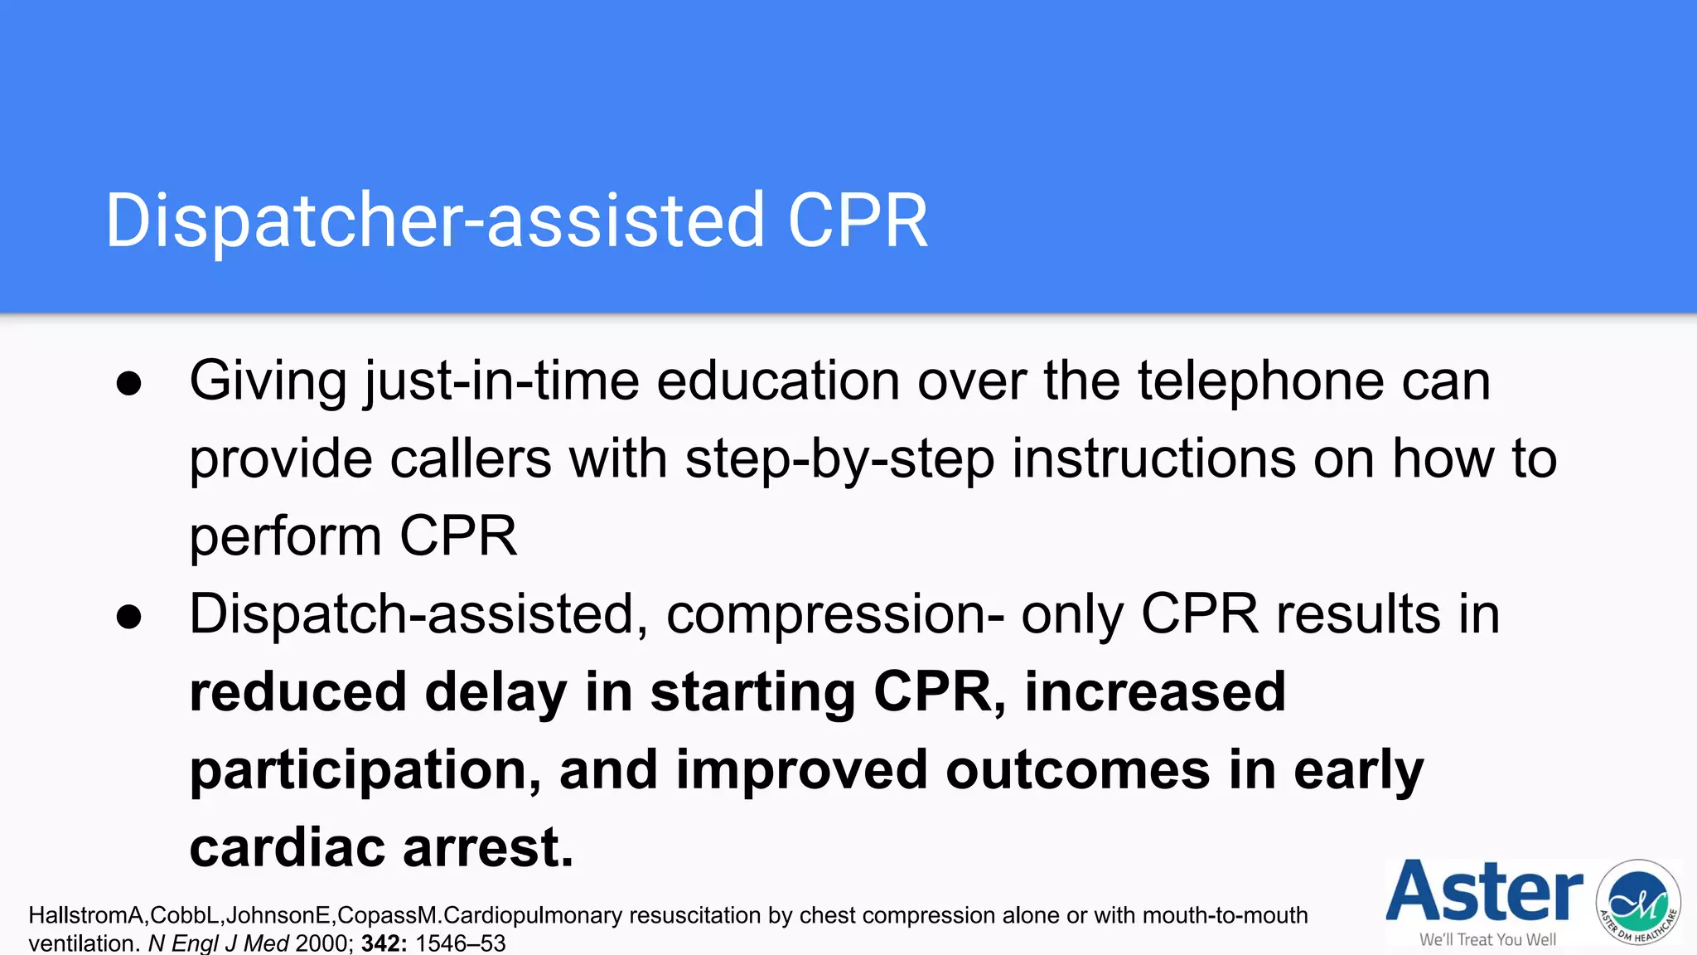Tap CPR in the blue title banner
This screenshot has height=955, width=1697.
click(x=858, y=221)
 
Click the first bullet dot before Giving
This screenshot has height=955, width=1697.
click(x=129, y=384)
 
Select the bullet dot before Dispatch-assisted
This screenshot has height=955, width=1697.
click(x=129, y=617)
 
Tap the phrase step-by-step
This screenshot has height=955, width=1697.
click(x=839, y=459)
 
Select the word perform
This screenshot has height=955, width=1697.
click(x=285, y=537)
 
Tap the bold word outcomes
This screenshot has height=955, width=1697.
click(x=1078, y=770)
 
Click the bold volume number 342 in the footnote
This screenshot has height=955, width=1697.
click(x=384, y=943)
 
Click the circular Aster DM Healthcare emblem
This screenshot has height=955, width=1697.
click(x=1638, y=902)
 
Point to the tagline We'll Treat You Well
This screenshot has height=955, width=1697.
click(x=1487, y=940)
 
